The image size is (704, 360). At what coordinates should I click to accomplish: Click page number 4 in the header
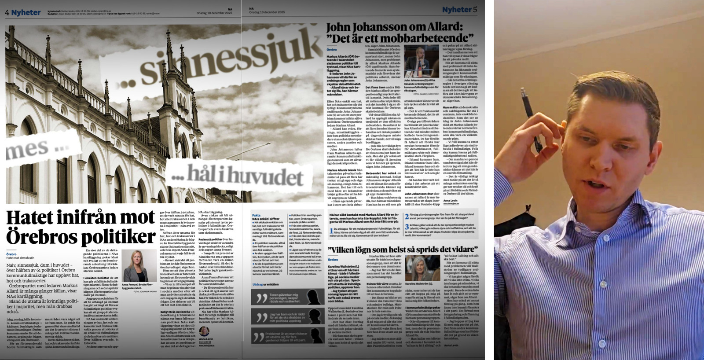(7, 12)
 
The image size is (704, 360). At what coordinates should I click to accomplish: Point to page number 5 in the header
(475, 9)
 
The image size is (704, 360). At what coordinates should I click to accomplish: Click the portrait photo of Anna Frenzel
(135, 266)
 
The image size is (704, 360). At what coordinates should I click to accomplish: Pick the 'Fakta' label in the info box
(256, 216)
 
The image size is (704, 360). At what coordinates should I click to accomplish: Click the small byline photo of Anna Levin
(204, 331)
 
